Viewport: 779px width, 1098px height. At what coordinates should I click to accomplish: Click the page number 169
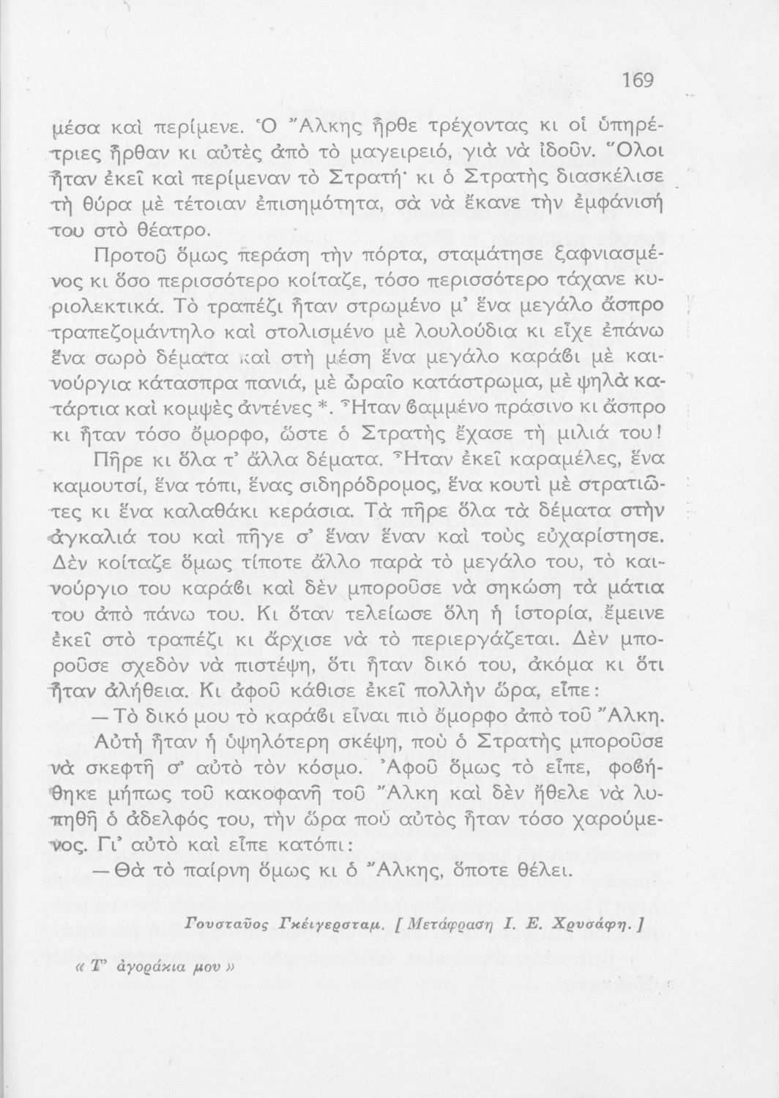[637, 80]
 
